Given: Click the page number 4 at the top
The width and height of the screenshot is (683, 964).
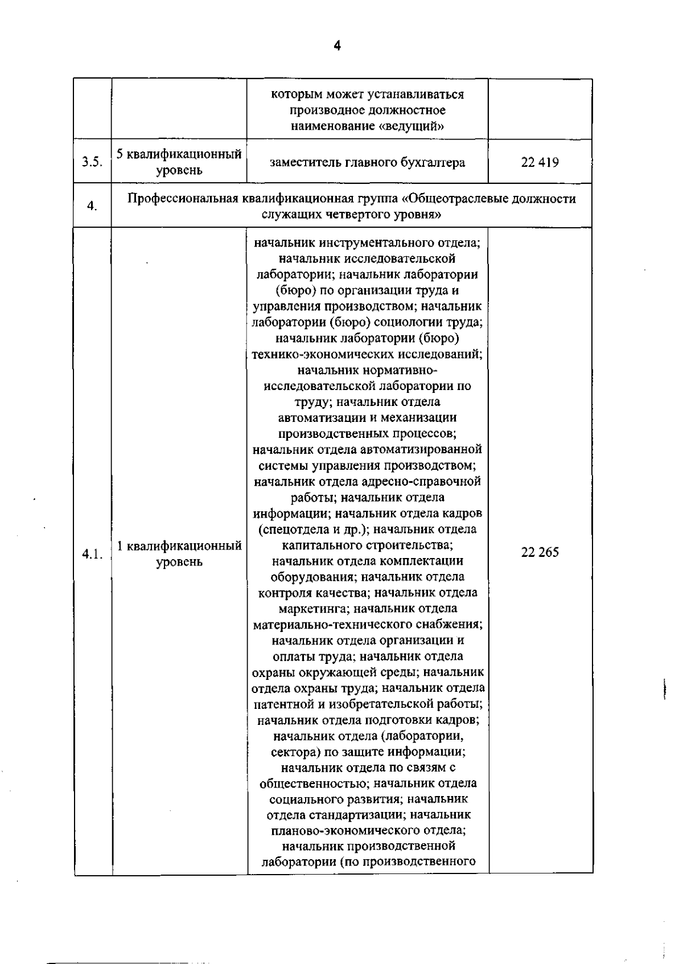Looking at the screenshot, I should pos(337,46).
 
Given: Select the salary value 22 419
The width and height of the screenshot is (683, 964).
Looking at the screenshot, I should pos(540,162).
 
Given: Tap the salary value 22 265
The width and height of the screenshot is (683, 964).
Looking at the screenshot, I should pos(540,552).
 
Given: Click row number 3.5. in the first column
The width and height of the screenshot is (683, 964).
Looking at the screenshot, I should pos(92,162).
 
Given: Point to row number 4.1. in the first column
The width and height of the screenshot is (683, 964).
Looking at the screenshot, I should pos(92,554).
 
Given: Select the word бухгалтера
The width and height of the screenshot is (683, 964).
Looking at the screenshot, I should pos(434,162).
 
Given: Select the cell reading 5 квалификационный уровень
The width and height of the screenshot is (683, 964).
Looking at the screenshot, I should pos(179,162).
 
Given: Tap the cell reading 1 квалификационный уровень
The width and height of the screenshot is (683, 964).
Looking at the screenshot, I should pos(179,554).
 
